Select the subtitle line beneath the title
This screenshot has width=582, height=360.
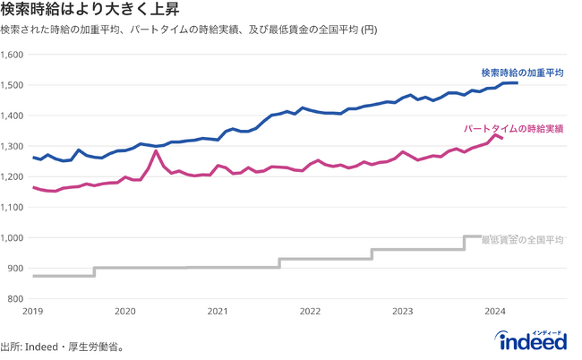[x=188, y=30]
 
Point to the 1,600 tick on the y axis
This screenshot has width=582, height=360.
[x=13, y=55]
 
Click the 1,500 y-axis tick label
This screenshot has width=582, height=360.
[x=13, y=85]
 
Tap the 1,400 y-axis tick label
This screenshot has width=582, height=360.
[x=13, y=116]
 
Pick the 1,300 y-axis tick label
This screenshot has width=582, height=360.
[x=13, y=146]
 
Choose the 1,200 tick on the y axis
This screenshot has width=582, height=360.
[x=13, y=176]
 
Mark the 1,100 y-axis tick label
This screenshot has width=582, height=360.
[x=13, y=207]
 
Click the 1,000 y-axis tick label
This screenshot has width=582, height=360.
[x=13, y=237]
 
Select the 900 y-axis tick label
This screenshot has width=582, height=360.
[x=17, y=268]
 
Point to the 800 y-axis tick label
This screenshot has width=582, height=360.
[x=17, y=298]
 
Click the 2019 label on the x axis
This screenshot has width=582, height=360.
[x=33, y=312]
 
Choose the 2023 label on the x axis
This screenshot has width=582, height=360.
[x=403, y=312]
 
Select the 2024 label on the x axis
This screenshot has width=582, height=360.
[x=495, y=312]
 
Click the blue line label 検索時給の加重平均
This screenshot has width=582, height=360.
[x=522, y=73]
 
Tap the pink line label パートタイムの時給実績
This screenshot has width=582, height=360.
[x=513, y=129]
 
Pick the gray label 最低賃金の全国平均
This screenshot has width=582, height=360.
[x=522, y=240]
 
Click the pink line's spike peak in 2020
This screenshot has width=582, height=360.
[x=157, y=151]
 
